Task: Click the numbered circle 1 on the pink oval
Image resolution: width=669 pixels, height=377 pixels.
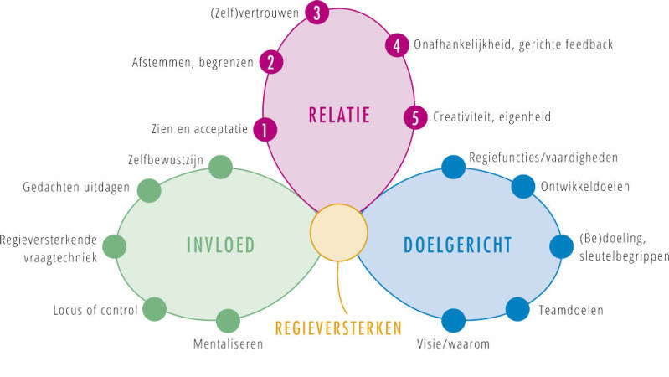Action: point(265,130)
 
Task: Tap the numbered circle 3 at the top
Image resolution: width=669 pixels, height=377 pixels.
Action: point(316,13)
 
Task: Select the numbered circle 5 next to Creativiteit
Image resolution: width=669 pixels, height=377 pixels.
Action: point(414,116)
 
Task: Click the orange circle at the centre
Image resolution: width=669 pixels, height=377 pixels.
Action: point(339,231)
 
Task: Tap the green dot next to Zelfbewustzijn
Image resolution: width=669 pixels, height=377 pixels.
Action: point(220,167)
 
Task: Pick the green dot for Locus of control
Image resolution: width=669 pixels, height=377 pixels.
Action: point(154,309)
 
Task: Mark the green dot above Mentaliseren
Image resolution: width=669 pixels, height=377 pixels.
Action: point(228,320)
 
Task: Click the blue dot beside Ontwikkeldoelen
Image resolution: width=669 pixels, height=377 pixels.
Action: point(522,186)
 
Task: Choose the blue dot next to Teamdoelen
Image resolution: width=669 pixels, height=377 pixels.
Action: point(517,309)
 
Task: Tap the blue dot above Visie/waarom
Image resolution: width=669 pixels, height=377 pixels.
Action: point(453,320)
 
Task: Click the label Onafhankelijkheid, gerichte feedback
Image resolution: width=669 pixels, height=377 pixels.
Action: point(513,44)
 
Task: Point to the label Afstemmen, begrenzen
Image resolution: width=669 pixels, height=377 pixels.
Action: point(193,62)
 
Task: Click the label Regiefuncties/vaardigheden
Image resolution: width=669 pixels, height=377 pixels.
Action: point(533,157)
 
